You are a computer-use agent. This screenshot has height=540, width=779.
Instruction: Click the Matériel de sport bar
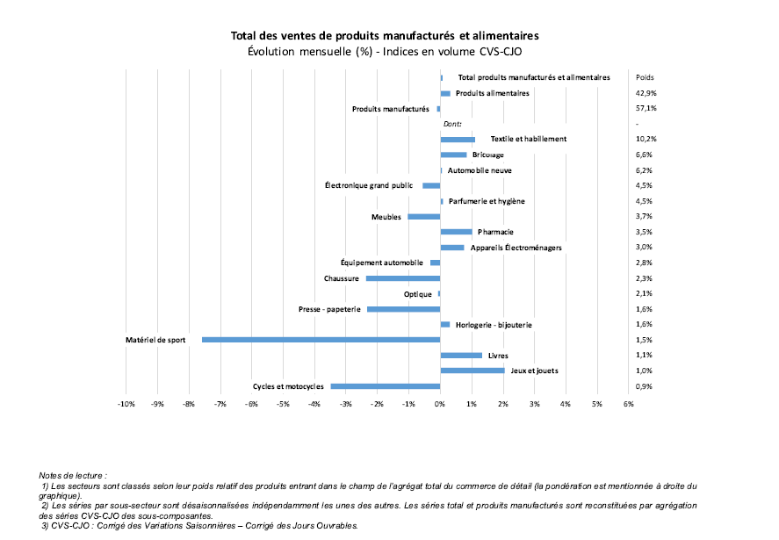coord(321,340)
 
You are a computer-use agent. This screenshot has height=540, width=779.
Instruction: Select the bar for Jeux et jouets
coord(472,371)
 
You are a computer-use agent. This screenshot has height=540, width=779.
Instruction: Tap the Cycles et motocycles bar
coord(386,386)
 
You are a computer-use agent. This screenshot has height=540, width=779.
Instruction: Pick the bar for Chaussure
coord(403,278)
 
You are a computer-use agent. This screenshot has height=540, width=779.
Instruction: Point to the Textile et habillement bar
coord(458,140)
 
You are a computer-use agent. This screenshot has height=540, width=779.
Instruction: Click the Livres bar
coord(461,356)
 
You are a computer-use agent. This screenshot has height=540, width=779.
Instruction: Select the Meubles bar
coord(424,217)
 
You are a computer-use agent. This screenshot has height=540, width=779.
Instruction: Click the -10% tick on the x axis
coord(126,404)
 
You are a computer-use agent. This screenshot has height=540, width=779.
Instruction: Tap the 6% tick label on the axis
coord(629,404)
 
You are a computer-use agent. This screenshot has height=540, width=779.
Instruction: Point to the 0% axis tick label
coord(440,404)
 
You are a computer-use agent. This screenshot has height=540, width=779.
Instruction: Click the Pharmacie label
coord(495,232)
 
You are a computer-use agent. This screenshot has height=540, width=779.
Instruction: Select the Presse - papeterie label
coord(329,309)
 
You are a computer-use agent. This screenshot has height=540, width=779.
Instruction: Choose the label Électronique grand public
coord(369,185)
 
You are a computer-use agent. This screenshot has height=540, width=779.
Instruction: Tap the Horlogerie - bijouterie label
coord(494,325)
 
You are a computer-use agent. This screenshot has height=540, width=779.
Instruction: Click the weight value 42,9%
coord(646,93)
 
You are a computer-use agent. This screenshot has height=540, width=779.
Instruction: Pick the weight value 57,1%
coord(646,108)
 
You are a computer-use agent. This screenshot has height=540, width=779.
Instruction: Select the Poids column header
coord(645,77)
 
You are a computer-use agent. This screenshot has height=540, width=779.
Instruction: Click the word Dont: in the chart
coord(452,124)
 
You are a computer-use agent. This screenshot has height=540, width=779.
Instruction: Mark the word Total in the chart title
coord(243,36)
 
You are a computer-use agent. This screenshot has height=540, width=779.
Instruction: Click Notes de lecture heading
coord(73,475)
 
